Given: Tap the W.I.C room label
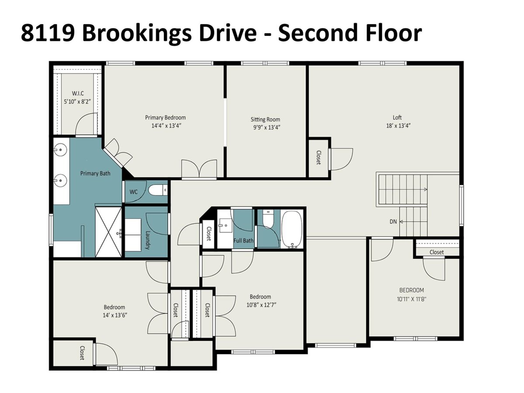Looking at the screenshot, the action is click(78, 93).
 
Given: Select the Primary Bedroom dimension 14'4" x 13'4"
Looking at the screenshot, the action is click(166, 126).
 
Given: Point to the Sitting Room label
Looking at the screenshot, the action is click(265, 119).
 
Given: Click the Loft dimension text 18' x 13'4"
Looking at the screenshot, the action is click(398, 126).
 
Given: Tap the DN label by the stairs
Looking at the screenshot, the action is click(393, 222).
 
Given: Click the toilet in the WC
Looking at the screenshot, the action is click(158, 190).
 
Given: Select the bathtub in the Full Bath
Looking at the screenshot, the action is click(292, 229).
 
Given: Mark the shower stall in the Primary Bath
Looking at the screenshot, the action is click(108, 232).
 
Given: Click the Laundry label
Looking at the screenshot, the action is click(148, 240).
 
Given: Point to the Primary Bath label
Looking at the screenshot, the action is click(95, 173).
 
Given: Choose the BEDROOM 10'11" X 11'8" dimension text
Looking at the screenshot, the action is click(412, 299).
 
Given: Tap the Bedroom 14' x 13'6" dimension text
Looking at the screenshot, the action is click(114, 315).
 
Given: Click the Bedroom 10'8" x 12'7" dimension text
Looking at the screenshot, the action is click(261, 305).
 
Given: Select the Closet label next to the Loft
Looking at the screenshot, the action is click(318, 158).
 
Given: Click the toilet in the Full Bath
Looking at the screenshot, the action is click(268, 219).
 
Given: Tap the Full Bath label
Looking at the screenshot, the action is click(244, 241).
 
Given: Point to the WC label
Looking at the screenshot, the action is click(134, 192).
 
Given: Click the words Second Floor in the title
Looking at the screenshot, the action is click(350, 34).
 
